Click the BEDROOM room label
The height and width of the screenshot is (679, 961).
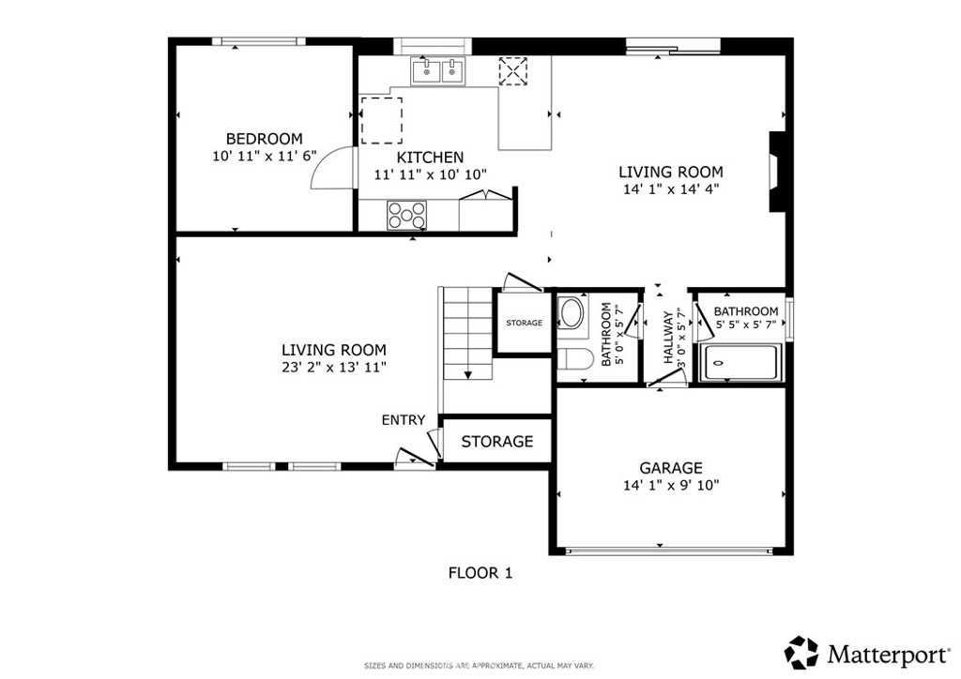tap(264, 139)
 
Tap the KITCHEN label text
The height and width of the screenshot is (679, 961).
tap(430, 158)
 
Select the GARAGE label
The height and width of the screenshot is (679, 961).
tap(670, 468)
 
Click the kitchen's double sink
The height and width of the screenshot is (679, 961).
tap(438, 71)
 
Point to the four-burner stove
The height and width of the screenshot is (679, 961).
tap(406, 215)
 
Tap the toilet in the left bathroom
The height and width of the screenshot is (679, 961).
tap(575, 359)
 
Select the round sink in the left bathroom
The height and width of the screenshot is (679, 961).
tap(572, 313)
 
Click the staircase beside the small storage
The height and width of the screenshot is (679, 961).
tap(468, 333)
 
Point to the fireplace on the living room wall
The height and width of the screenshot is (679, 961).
tap(777, 172)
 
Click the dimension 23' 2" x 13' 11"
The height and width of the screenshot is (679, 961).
tap(334, 368)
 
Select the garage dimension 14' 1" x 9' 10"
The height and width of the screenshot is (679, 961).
tap(670, 486)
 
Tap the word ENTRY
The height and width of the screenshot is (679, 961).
tap(404, 420)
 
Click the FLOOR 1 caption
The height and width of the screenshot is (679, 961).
tap(480, 573)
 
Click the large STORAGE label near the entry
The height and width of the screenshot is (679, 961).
tap(497, 442)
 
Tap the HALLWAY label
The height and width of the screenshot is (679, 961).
tap(668, 337)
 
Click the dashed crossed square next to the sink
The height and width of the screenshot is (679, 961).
tap(513, 71)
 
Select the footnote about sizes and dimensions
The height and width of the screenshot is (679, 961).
tap(479, 666)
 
